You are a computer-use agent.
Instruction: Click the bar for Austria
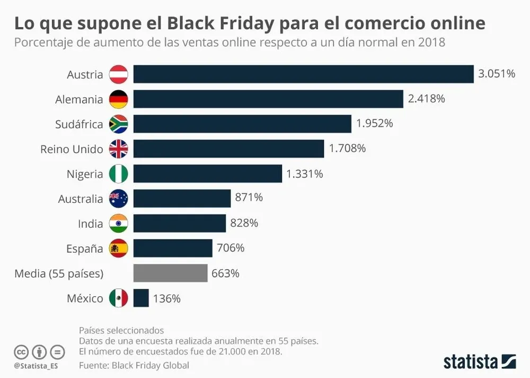coord(303,74)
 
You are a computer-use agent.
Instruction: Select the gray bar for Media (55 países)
coord(170,273)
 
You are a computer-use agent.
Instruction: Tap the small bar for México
coord(141,298)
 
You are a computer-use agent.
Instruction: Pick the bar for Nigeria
coord(207,174)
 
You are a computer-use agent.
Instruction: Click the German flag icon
coord(118,99)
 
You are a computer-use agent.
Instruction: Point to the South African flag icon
coord(118,124)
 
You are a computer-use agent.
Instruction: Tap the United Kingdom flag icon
coord(118,149)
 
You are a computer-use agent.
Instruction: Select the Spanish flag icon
coord(118,248)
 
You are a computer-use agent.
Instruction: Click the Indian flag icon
coord(118,224)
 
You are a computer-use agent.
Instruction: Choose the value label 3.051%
coord(497,74)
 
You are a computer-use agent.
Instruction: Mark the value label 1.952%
coord(374,124)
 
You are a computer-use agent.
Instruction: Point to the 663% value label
coord(225,273)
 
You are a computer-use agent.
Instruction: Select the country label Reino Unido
coord(72,149)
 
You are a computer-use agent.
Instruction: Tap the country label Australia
coord(81,199)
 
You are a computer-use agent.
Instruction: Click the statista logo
coord(480,362)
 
